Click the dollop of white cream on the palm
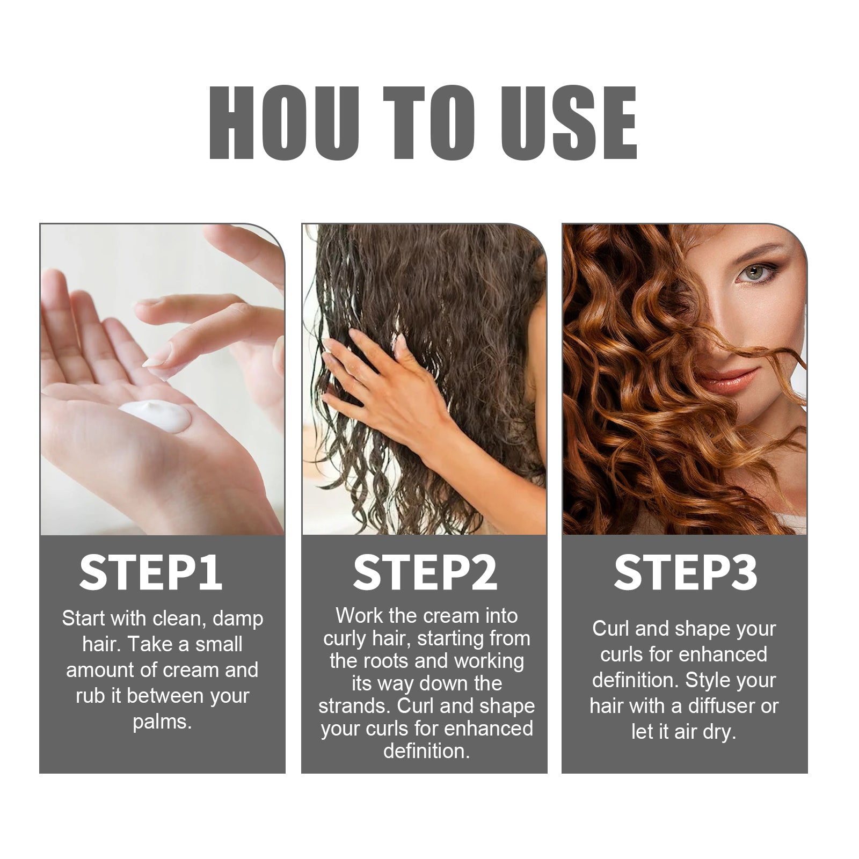[156, 415]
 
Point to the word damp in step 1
[238, 619]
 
